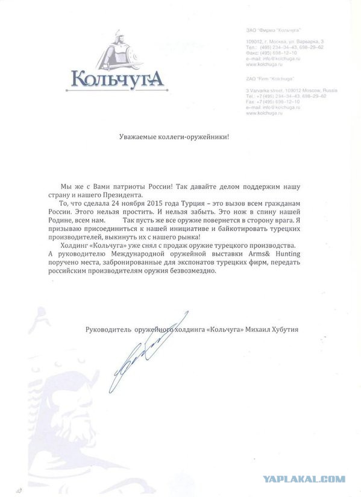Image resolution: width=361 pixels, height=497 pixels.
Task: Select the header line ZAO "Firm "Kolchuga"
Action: pyautogui.click(x=265, y=78)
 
